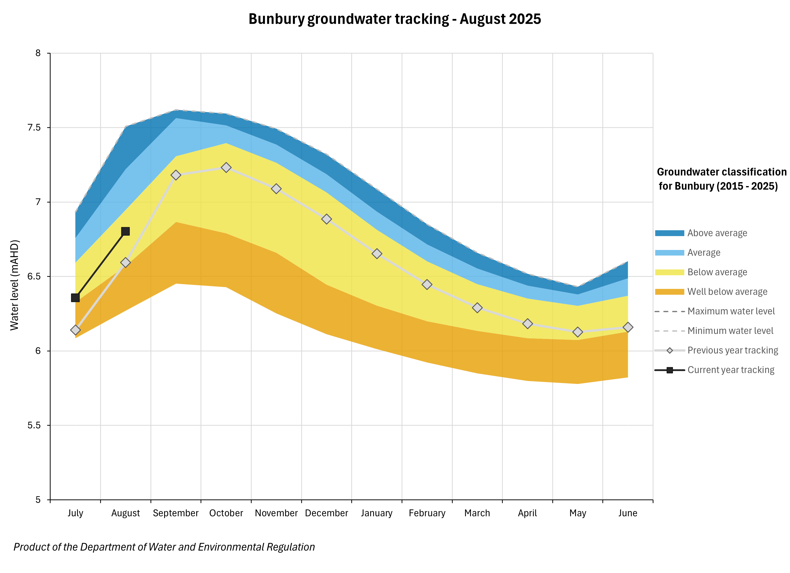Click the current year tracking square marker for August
click(125, 231)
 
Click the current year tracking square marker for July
click(75, 298)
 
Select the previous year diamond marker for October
click(226, 167)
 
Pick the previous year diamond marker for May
click(578, 332)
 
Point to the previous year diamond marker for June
click(628, 327)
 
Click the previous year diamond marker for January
click(377, 254)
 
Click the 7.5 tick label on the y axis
click(34, 127)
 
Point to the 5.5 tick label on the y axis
click(34, 425)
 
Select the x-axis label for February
click(427, 513)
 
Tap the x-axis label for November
click(276, 513)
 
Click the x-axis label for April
click(527, 513)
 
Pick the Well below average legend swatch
click(669, 292)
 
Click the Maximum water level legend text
click(731, 311)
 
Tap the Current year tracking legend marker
click(669, 370)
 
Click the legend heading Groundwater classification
click(721, 172)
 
